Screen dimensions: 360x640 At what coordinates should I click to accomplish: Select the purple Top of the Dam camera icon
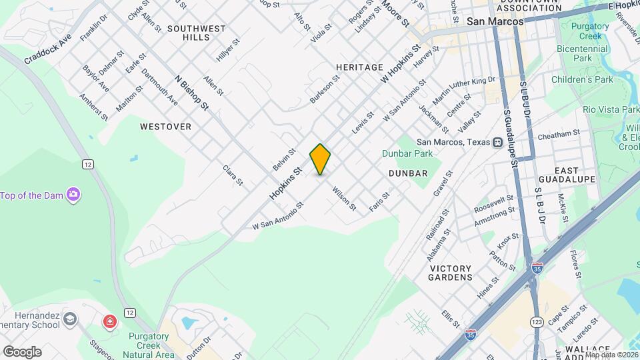click(73, 195)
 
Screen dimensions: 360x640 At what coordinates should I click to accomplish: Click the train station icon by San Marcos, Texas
click(497, 142)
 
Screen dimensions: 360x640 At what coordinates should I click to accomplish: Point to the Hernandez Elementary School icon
click(69, 319)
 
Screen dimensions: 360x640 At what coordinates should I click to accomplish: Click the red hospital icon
click(109, 323)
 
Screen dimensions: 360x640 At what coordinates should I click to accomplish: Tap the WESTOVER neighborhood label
click(165, 126)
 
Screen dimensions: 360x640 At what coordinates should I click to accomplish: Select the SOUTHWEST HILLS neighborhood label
click(197, 33)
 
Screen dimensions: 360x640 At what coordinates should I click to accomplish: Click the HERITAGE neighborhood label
click(359, 67)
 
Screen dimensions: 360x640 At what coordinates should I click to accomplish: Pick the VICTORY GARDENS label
click(451, 273)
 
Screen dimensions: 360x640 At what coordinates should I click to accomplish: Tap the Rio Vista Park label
click(611, 109)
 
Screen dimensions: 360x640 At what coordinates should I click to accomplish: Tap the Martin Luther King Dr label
click(464, 91)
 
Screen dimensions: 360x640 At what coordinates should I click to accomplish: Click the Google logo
click(22, 351)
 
